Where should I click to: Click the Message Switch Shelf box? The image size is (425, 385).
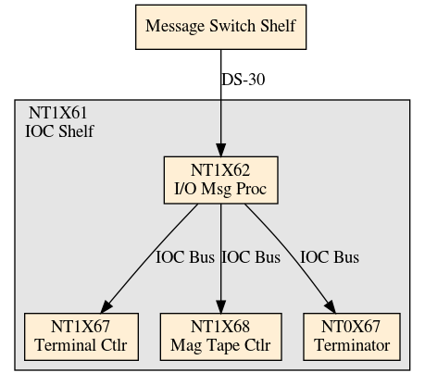click(x=221, y=27)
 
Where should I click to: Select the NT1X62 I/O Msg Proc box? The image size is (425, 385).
click(x=221, y=180)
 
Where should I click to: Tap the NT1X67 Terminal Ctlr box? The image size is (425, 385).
click(x=81, y=337)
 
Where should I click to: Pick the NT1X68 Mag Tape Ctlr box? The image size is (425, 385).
click(x=221, y=337)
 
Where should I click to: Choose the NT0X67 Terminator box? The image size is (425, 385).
click(x=352, y=337)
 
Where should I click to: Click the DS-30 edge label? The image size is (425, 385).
click(x=244, y=80)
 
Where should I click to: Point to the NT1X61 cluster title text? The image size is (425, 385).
click(x=57, y=113)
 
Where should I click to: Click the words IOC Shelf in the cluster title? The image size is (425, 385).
click(x=59, y=131)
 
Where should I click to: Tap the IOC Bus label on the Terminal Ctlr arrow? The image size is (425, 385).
click(x=185, y=257)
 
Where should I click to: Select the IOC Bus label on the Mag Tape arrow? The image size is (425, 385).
click(x=251, y=257)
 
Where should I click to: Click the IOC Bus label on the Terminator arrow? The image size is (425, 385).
click(x=330, y=257)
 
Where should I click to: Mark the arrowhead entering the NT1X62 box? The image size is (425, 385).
click(x=221, y=150)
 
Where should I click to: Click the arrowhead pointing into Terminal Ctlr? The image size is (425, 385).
click(x=106, y=306)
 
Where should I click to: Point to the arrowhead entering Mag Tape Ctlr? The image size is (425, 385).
click(x=221, y=306)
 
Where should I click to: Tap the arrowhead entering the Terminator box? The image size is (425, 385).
click(x=331, y=306)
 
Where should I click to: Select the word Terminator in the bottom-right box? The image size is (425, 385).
click(x=352, y=345)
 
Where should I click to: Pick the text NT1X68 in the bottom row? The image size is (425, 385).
click(x=220, y=327)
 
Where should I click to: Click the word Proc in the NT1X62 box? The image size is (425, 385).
click(x=251, y=189)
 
